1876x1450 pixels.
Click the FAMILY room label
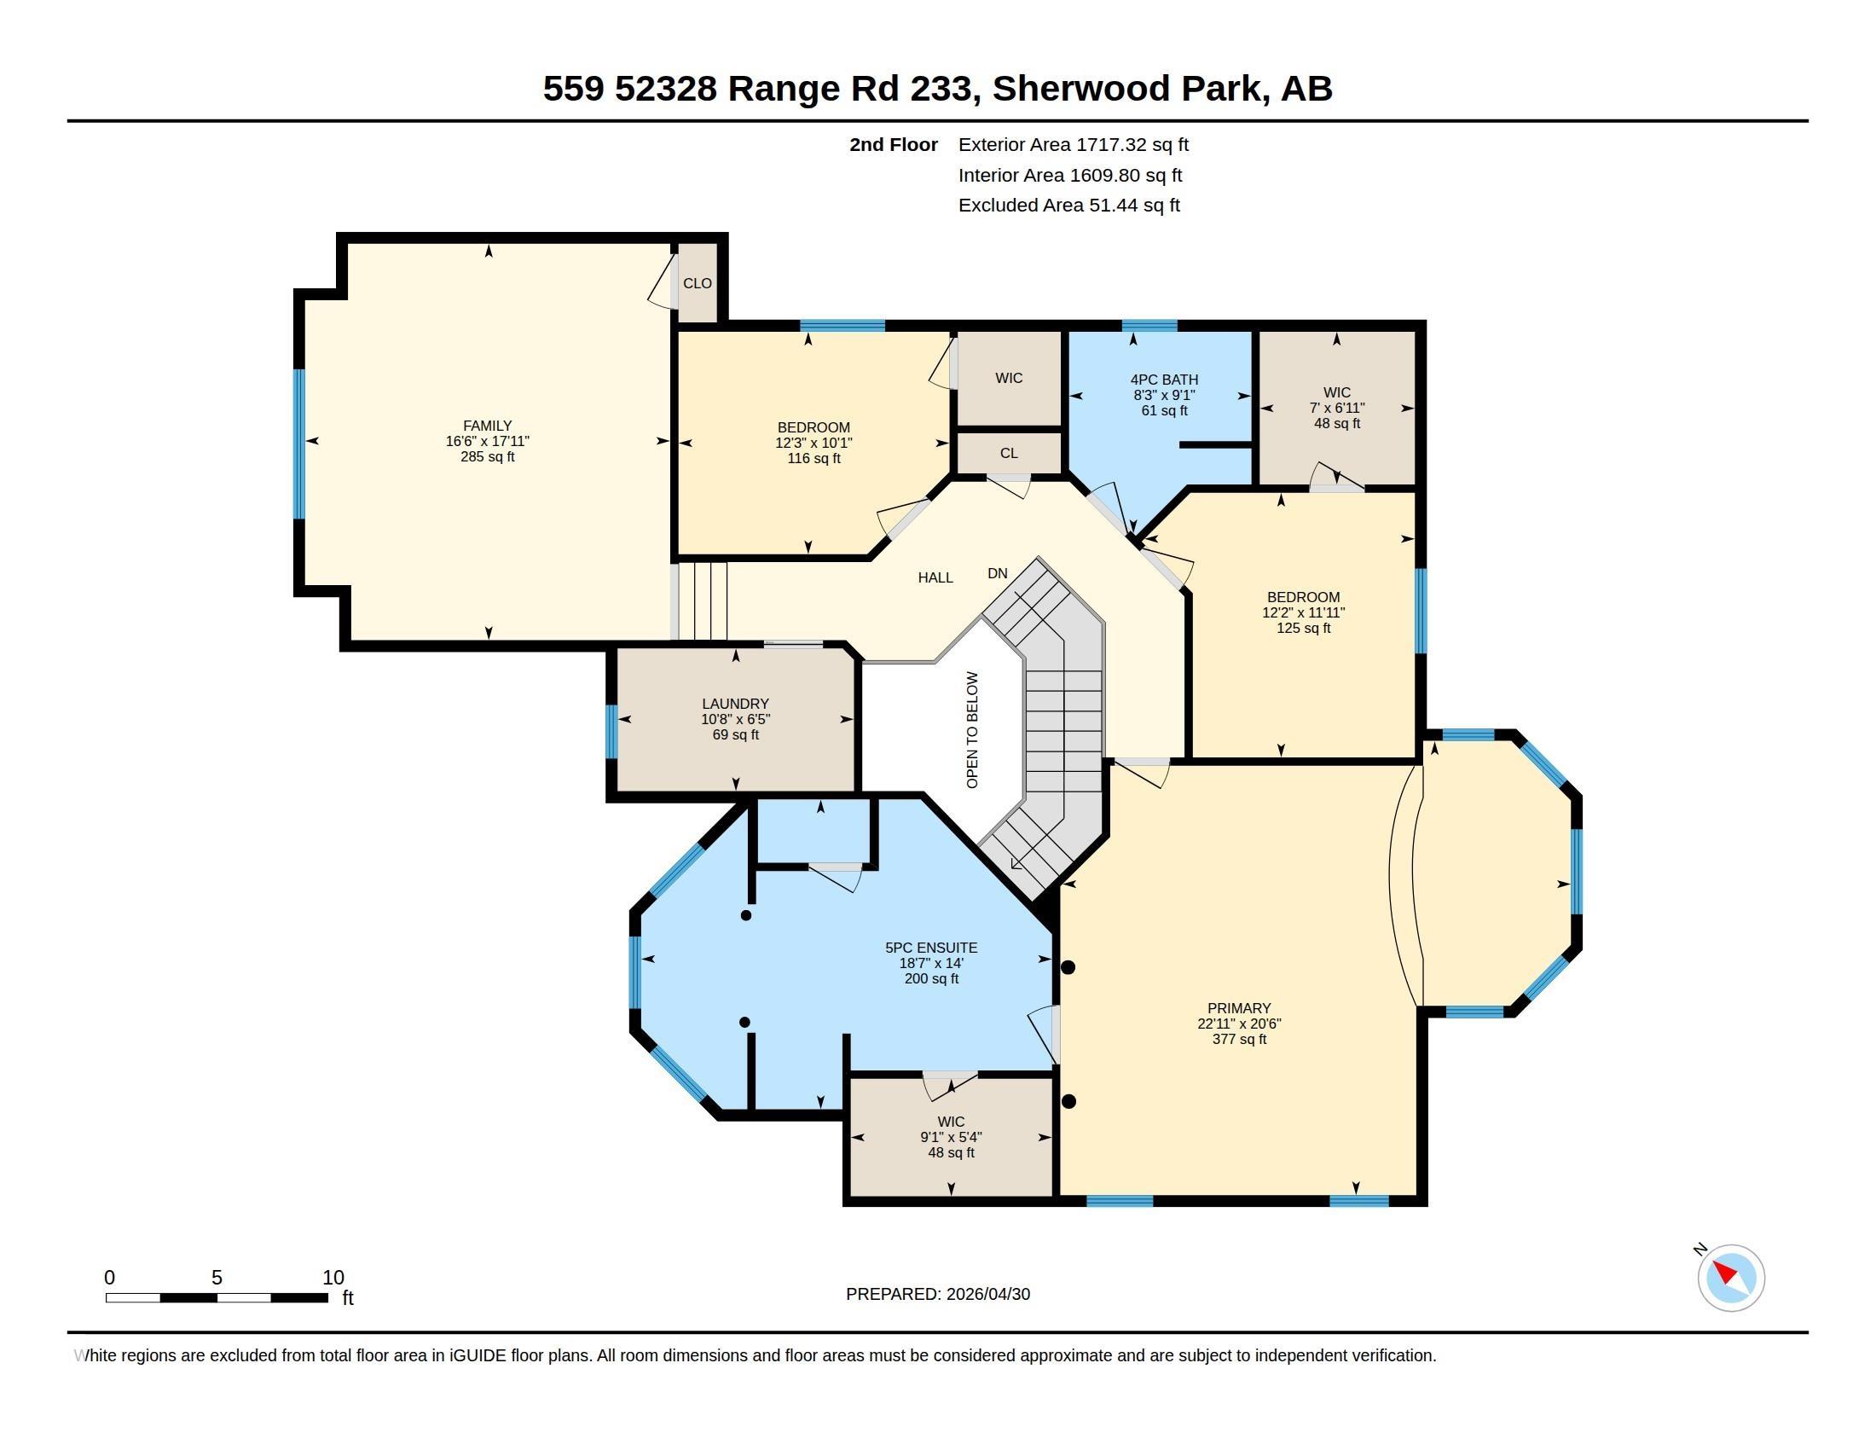click(487, 426)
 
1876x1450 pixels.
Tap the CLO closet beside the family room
click(698, 282)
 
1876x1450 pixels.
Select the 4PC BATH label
click(1164, 379)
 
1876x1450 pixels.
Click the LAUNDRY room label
click(735, 704)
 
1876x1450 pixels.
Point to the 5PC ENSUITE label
click(931, 948)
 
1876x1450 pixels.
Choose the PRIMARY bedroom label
click(1239, 1007)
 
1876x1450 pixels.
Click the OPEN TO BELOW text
click(972, 730)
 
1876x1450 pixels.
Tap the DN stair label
click(998, 573)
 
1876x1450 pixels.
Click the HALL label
click(935, 577)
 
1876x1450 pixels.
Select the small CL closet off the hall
click(1009, 453)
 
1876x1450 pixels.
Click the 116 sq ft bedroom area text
click(814, 459)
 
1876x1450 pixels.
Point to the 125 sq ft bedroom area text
click(1303, 628)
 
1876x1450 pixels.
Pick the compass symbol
click(1731, 1278)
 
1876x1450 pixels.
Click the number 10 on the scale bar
click(333, 1278)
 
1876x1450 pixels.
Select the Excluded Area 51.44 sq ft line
click(1068, 206)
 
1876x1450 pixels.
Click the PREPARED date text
click(938, 1294)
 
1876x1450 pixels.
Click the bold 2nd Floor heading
click(894, 144)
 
